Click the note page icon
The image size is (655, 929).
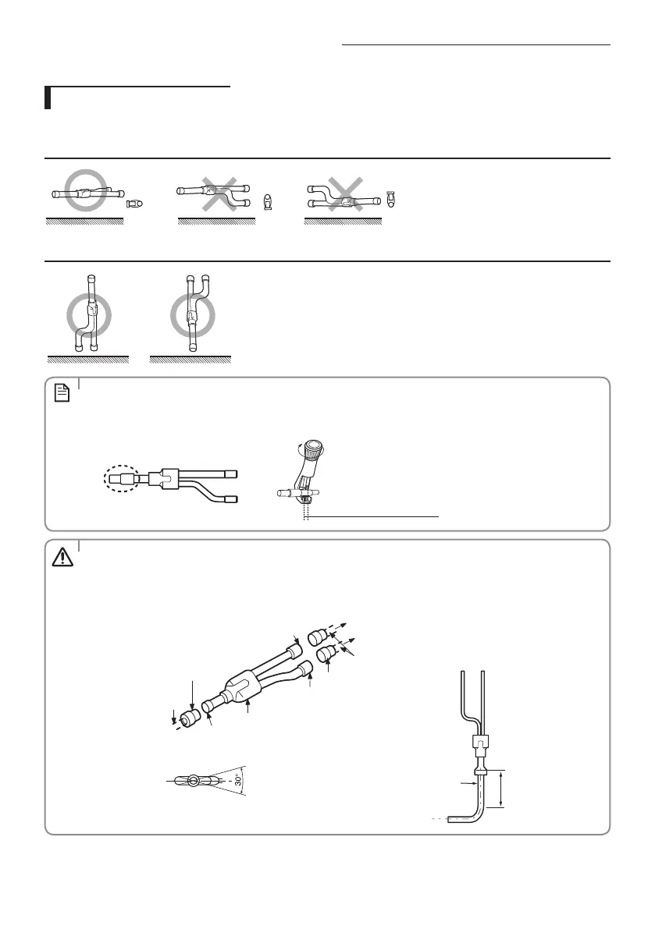(62, 395)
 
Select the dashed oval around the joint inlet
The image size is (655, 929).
(119, 477)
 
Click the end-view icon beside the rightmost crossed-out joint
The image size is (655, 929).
(391, 198)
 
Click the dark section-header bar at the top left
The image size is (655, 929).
(48, 98)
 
